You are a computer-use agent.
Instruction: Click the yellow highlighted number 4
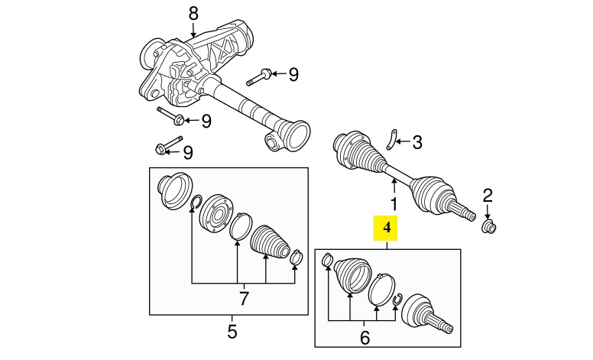(x=387, y=227)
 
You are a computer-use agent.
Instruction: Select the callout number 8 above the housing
(x=193, y=13)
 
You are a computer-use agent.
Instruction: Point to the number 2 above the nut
(x=488, y=194)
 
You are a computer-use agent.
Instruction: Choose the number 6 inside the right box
(x=364, y=336)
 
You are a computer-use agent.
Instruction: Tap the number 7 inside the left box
(x=244, y=299)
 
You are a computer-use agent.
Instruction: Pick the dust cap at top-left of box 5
(x=174, y=190)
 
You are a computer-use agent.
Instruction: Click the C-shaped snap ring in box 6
(x=397, y=300)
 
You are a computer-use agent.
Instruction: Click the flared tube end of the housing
(x=293, y=138)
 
